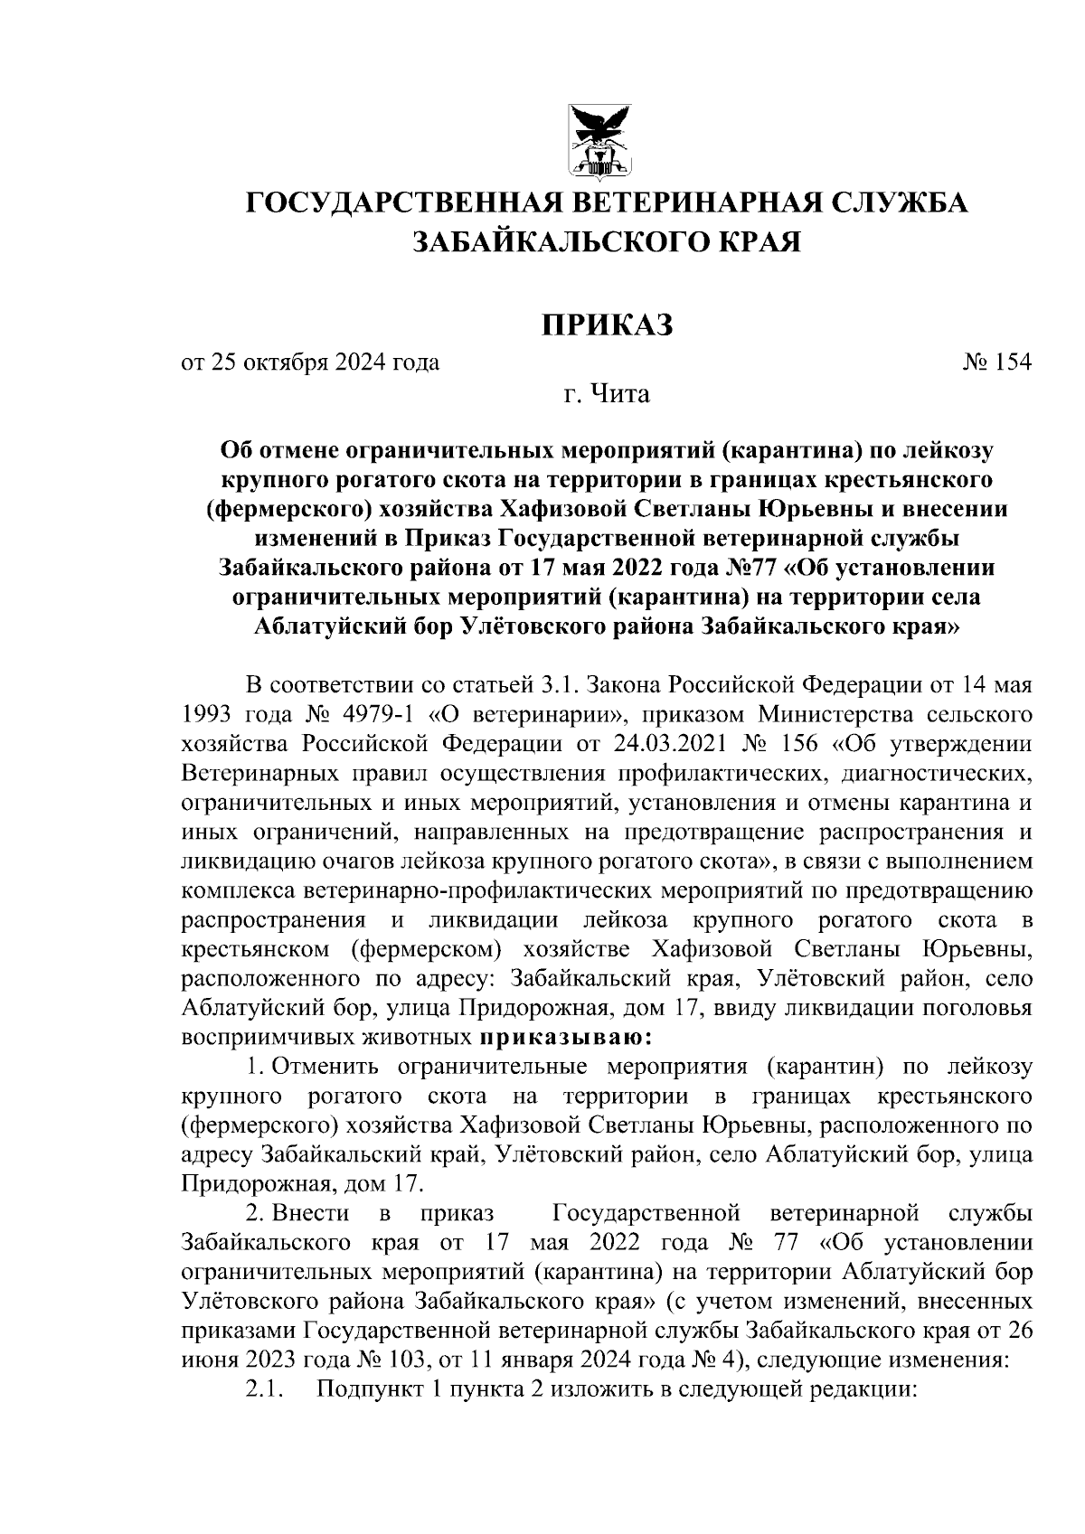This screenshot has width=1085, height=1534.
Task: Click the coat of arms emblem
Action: pos(599,139)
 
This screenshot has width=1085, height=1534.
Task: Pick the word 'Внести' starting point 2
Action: pos(311,1212)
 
